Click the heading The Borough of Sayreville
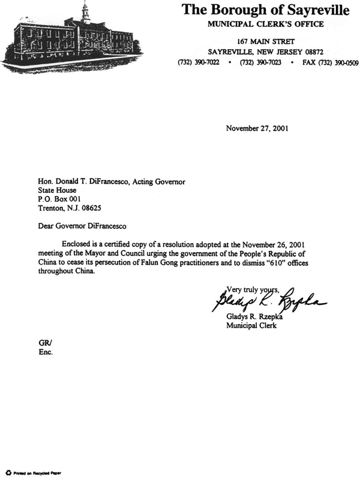pyautogui.click(x=265, y=10)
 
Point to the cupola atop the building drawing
pyautogui.click(x=86, y=10)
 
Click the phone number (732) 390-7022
pyautogui.click(x=199, y=62)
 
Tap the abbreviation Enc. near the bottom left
pyautogui.click(x=46, y=352)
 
